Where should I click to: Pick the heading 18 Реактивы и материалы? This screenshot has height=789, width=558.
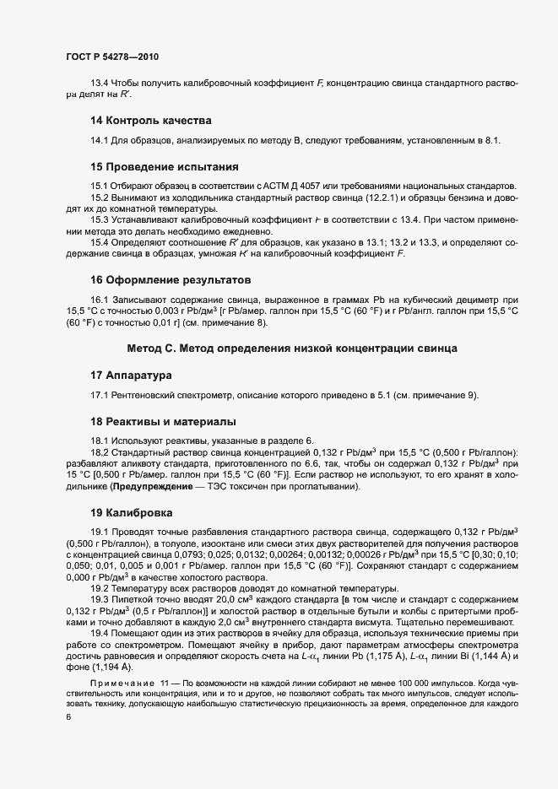[x=163, y=421]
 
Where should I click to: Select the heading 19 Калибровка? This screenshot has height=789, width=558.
[x=132, y=512]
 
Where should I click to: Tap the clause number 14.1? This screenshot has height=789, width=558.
[x=100, y=140]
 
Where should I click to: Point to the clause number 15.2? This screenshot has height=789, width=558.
[x=100, y=197]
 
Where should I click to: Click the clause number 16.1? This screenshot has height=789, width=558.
[x=100, y=299]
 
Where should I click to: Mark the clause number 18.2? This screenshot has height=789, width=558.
[x=100, y=452]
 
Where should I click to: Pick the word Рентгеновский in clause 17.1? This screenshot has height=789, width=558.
[x=144, y=395]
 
